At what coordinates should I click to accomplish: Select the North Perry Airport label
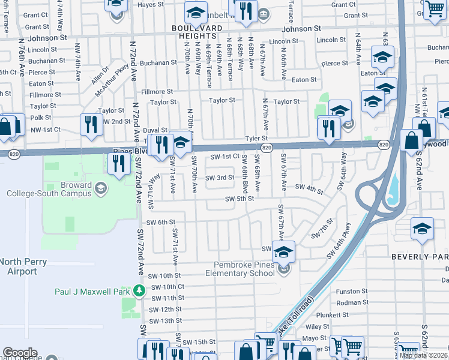coord(19,266)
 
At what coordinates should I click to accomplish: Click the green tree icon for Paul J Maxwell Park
coord(139,291)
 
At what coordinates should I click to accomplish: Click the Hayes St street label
coord(151,5)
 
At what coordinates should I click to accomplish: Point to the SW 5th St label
coord(240,199)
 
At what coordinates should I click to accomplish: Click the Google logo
coord(20,352)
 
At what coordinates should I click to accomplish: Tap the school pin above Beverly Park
coord(422,229)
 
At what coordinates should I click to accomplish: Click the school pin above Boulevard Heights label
coord(196,12)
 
